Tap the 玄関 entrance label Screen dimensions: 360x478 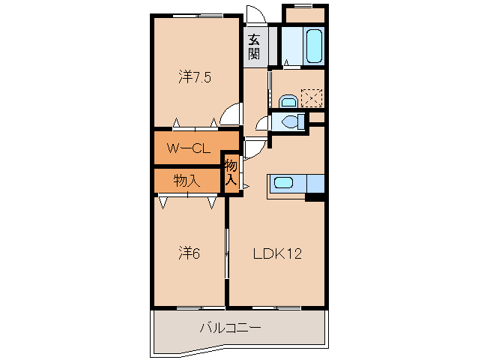[x=255, y=46]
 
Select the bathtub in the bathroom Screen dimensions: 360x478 [x=314, y=46]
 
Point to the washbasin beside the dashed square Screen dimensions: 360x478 [x=288, y=100]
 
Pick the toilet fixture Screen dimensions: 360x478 [x=289, y=121]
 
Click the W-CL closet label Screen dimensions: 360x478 [x=187, y=148]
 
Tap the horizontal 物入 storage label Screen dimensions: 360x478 [x=187, y=180]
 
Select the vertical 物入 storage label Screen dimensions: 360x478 [x=232, y=172]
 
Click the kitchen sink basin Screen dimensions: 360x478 [x=283, y=181]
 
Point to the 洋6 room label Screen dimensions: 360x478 [x=190, y=253]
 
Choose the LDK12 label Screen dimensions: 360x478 [x=276, y=253]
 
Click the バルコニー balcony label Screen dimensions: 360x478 [x=230, y=328]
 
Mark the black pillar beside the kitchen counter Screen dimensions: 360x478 [x=315, y=197]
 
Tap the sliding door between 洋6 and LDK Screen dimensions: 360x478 [x=227, y=255]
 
